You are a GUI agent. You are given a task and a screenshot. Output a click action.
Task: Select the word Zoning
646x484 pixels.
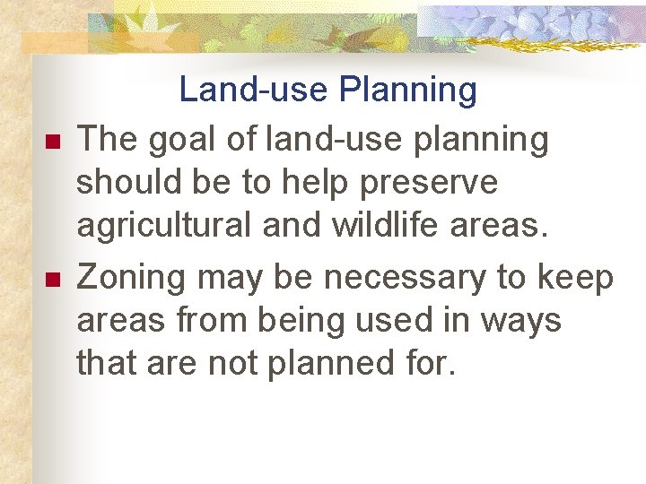[x=132, y=278]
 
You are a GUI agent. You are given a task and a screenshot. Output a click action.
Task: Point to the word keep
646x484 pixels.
[x=575, y=279]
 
